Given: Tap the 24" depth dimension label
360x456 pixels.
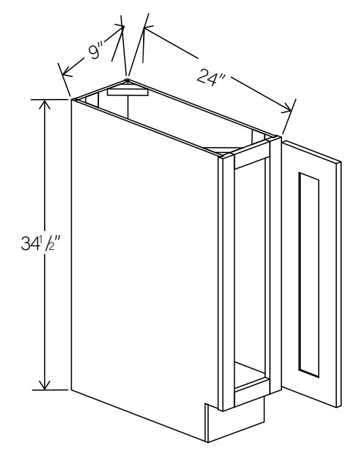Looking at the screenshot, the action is point(210,76).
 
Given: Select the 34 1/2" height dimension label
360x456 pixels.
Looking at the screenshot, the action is point(40,243).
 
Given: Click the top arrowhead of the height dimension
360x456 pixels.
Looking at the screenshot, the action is point(44,104).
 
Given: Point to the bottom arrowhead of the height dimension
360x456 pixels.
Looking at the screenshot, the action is point(44,384).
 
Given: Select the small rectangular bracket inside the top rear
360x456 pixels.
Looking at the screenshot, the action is point(127,92).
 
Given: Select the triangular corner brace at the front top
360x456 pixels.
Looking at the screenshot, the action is point(221,150).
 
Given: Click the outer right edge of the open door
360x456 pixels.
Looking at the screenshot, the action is point(340,285).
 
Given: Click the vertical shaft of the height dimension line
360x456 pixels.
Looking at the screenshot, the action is point(44,245).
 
